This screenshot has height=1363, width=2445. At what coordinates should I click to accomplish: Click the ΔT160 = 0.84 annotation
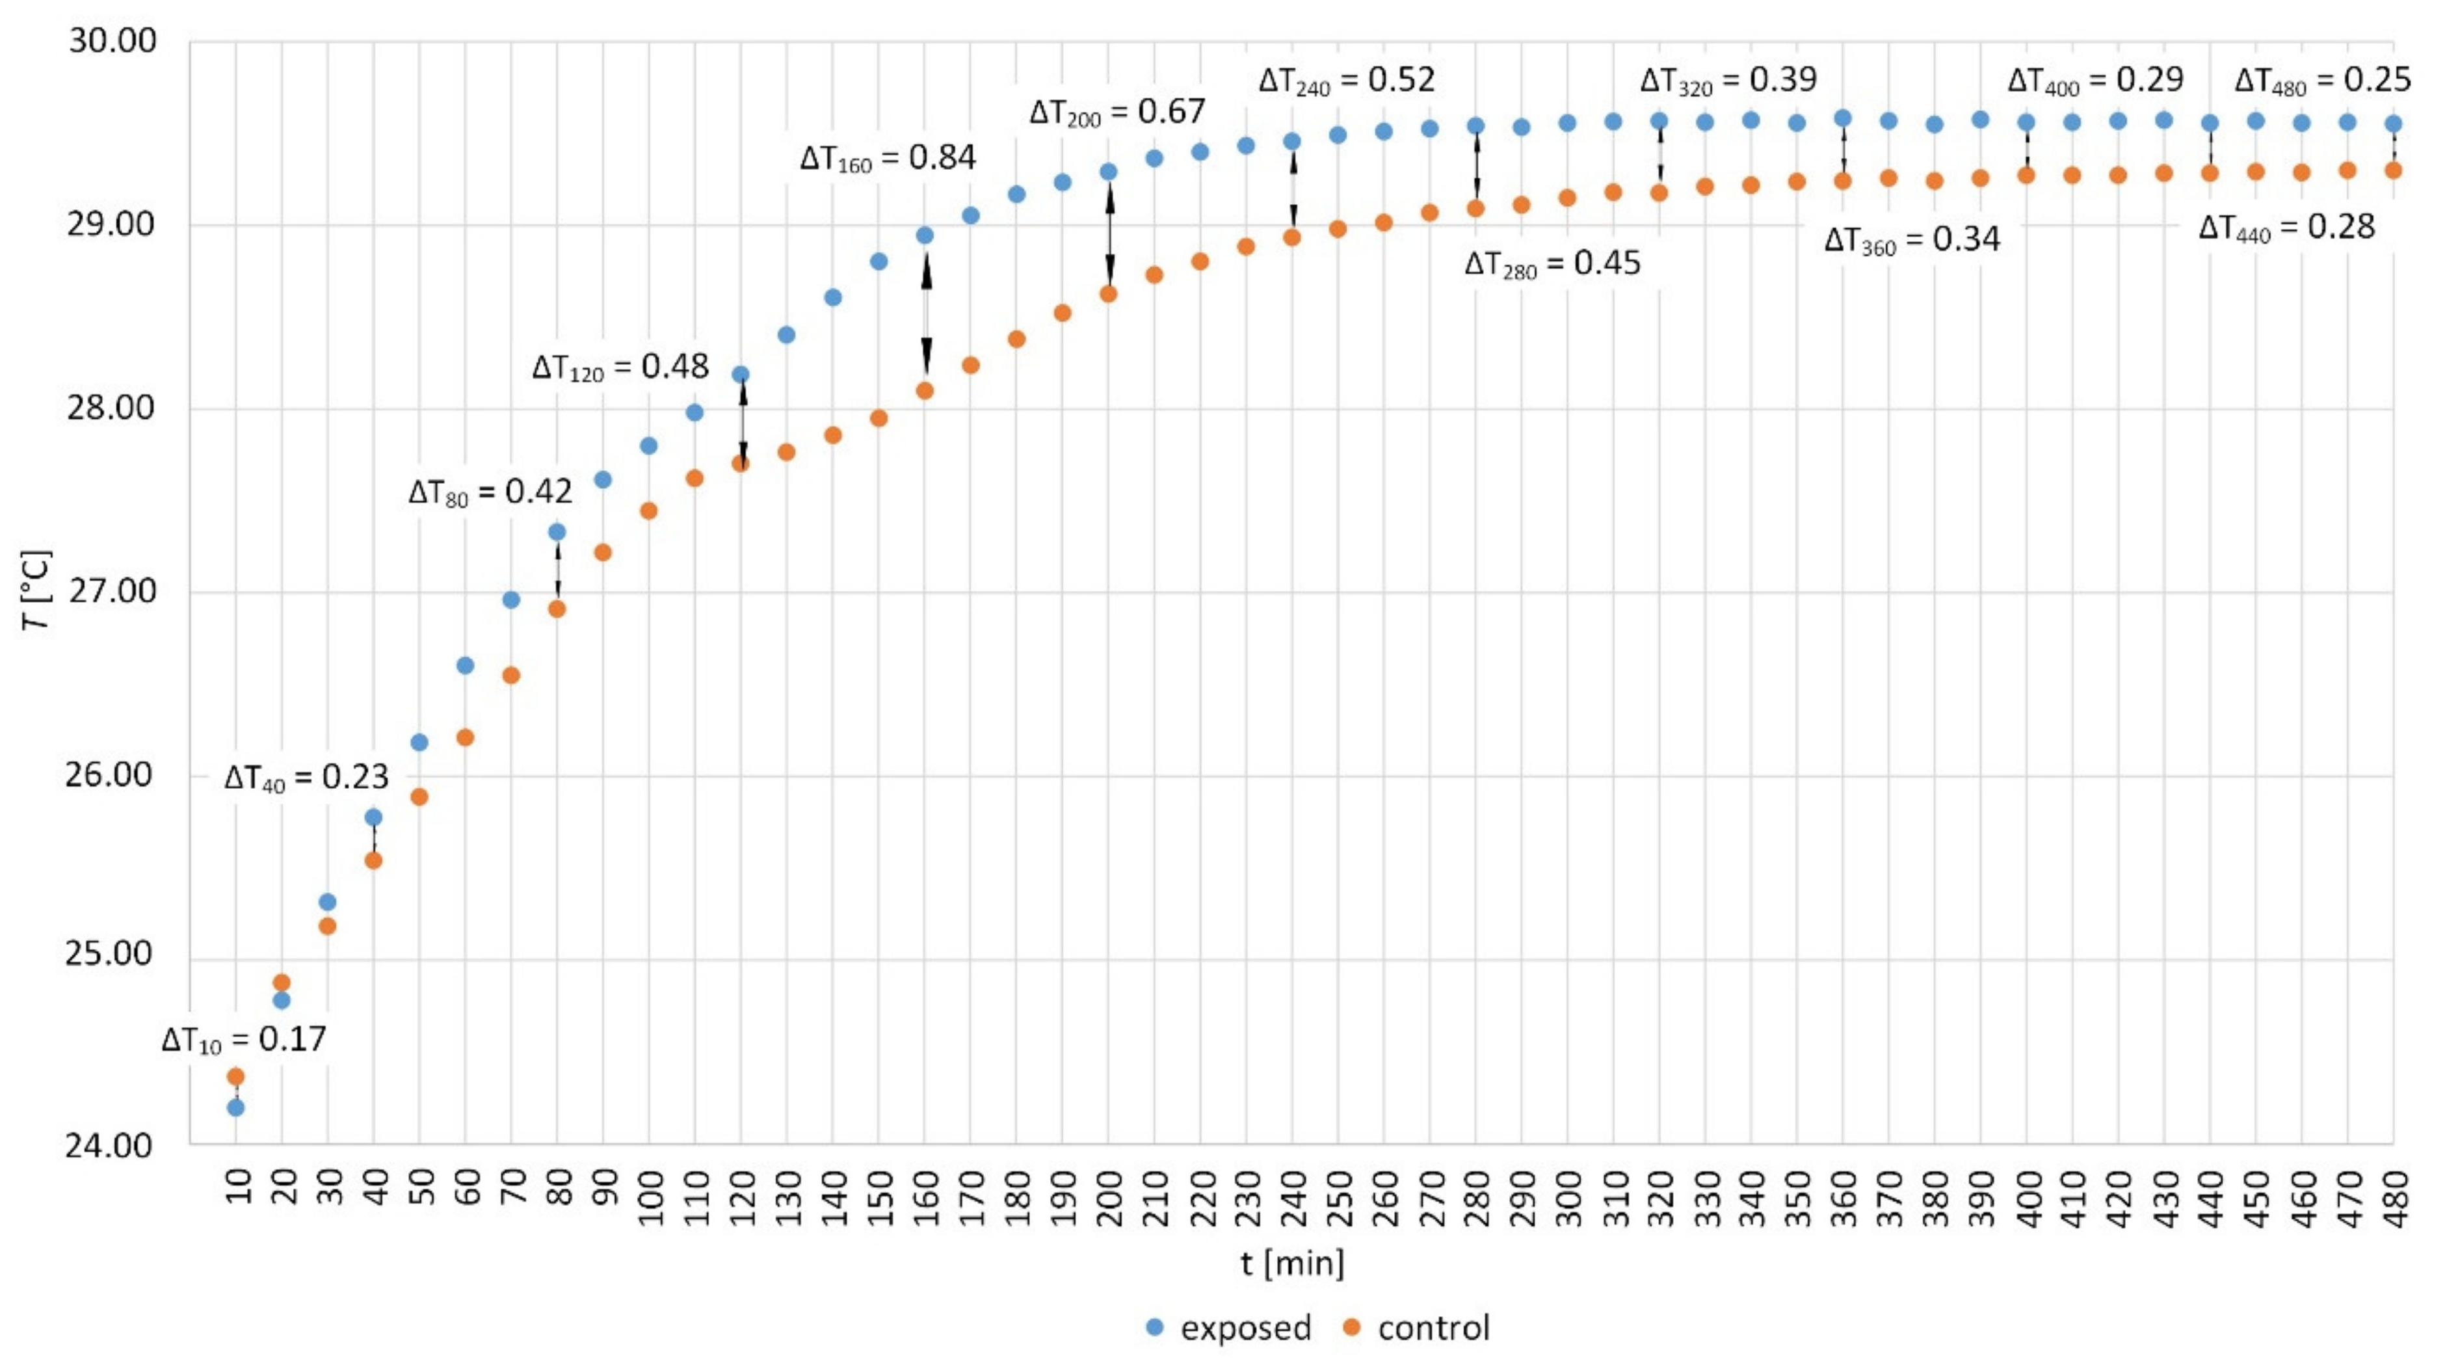pos(888,157)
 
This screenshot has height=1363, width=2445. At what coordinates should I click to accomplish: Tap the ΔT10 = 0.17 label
pos(244,1040)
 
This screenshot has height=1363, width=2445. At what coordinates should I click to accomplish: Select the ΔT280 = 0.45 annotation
pos(1552,264)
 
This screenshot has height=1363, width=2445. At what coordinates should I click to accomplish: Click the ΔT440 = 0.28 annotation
pos(2286,228)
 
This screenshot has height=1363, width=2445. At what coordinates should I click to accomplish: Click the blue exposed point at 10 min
pos(235,1107)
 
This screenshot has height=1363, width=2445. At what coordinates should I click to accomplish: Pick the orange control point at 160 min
pos(925,390)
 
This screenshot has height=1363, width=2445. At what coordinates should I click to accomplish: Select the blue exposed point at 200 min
pos(1109,172)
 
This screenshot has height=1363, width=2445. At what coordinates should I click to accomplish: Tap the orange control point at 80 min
pos(557,609)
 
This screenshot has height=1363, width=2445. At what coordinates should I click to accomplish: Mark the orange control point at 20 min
pos(281,983)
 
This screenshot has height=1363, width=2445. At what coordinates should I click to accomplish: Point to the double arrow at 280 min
pos(1476,168)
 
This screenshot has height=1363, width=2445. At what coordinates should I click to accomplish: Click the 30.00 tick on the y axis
pos(112,42)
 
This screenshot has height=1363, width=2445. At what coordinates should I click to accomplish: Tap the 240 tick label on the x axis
pos(1293,1198)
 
